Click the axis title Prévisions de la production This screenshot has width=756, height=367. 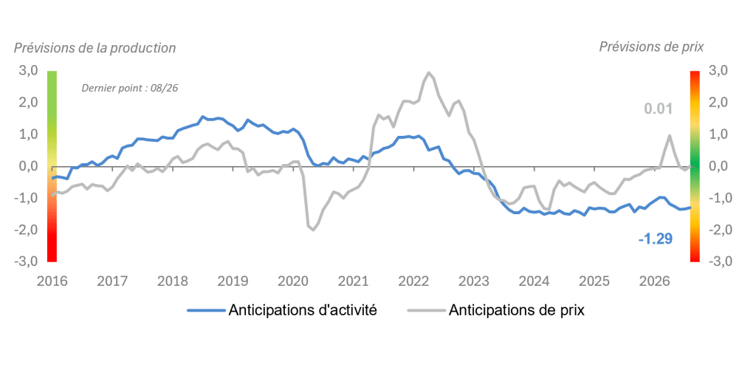tap(95, 48)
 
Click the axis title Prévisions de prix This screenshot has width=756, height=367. tap(651, 47)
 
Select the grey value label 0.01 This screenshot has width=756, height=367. tap(659, 109)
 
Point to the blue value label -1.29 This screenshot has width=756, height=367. tap(656, 239)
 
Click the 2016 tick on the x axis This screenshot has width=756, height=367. tap(52, 281)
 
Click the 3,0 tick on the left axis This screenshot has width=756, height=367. tap(28, 71)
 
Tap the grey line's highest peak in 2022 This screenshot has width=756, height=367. tap(429, 72)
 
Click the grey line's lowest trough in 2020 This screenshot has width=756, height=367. tap(313, 230)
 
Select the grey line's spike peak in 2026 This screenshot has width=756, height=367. tap(670, 136)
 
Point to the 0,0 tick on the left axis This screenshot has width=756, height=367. tap(28, 166)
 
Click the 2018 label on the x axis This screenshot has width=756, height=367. tap(173, 281)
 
